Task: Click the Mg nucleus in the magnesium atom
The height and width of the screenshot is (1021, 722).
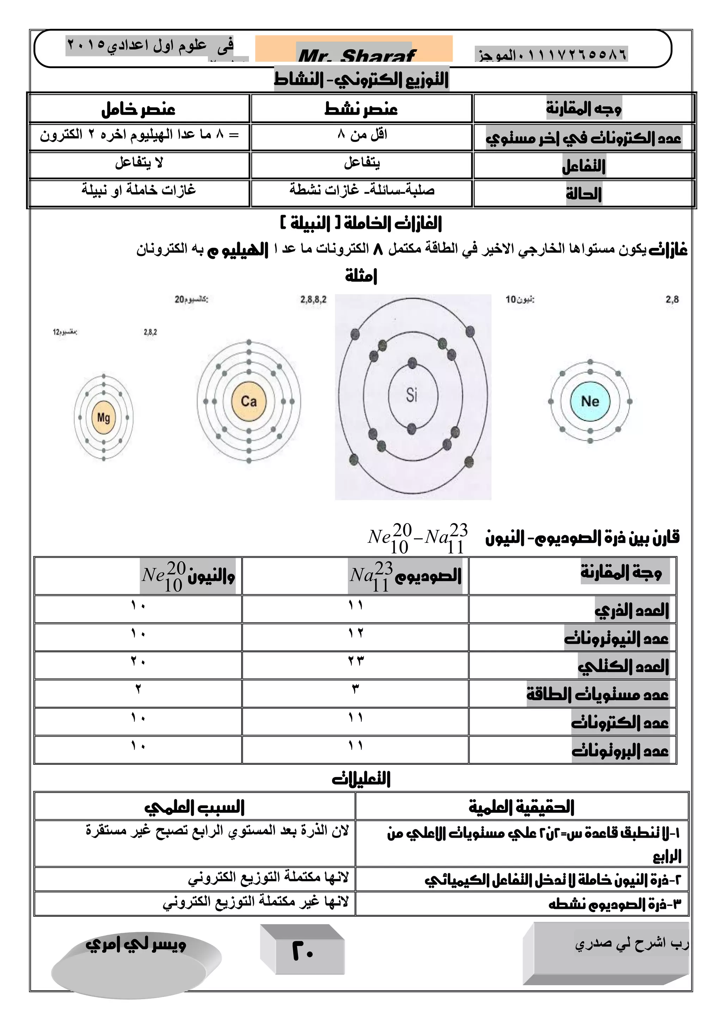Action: coord(104,417)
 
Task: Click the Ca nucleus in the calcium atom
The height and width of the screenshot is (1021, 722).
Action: coord(249,402)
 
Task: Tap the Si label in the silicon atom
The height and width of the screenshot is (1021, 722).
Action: coord(412,395)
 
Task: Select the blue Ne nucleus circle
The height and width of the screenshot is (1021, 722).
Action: coord(590,402)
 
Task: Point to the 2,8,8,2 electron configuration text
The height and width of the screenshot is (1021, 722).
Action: coord(313,300)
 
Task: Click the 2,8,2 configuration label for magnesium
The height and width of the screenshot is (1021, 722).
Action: coord(150,332)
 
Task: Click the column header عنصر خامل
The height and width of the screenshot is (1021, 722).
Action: coord(138,109)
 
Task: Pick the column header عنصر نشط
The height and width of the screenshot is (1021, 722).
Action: coord(361,109)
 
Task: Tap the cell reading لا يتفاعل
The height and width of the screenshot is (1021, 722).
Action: coord(139,163)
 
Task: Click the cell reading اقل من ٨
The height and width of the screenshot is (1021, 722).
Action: coord(362,134)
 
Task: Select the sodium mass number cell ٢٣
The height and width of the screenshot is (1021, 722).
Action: coord(356,661)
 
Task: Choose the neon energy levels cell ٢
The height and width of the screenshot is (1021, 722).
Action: coord(138,689)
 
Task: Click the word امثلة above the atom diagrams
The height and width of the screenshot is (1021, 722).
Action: coord(361,276)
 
